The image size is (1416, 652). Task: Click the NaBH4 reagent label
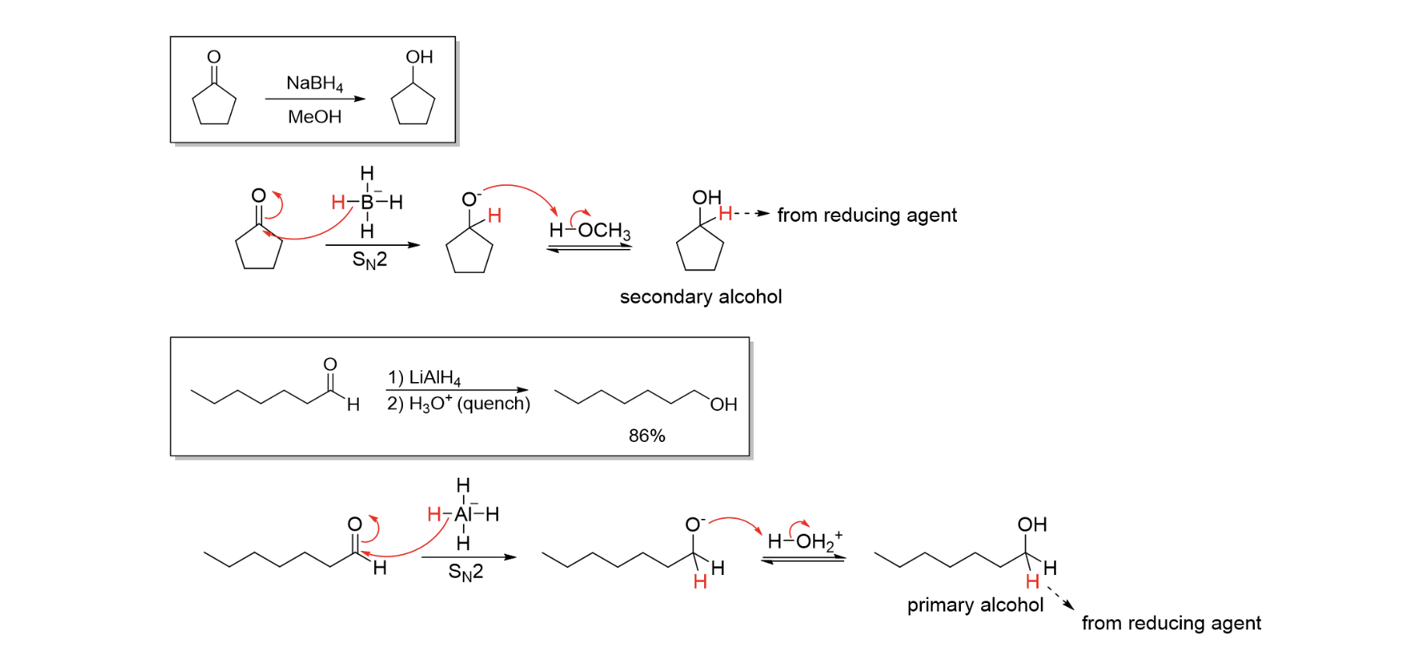314,83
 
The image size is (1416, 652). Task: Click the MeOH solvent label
314,117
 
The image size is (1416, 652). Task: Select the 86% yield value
647,436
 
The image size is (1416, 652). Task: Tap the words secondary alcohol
700,296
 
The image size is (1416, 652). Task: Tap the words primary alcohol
975,605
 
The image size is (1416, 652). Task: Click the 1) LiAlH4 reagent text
424,377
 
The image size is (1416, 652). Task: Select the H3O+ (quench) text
459,404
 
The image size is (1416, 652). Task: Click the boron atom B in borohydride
366,202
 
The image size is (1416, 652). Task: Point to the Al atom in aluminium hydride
464,514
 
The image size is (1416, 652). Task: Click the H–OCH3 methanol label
590,231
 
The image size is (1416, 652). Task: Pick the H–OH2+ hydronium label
804,541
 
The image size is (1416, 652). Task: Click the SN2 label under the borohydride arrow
369,260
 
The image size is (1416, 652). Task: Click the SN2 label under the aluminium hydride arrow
465,573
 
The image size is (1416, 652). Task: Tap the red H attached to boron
338,202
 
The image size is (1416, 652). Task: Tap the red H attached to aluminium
434,514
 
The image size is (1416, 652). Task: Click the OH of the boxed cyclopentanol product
419,57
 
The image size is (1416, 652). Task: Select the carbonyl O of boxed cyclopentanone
214,57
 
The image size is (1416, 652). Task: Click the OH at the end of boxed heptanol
723,405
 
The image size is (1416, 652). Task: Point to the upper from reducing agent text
867,215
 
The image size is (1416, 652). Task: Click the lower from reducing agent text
1171,623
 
